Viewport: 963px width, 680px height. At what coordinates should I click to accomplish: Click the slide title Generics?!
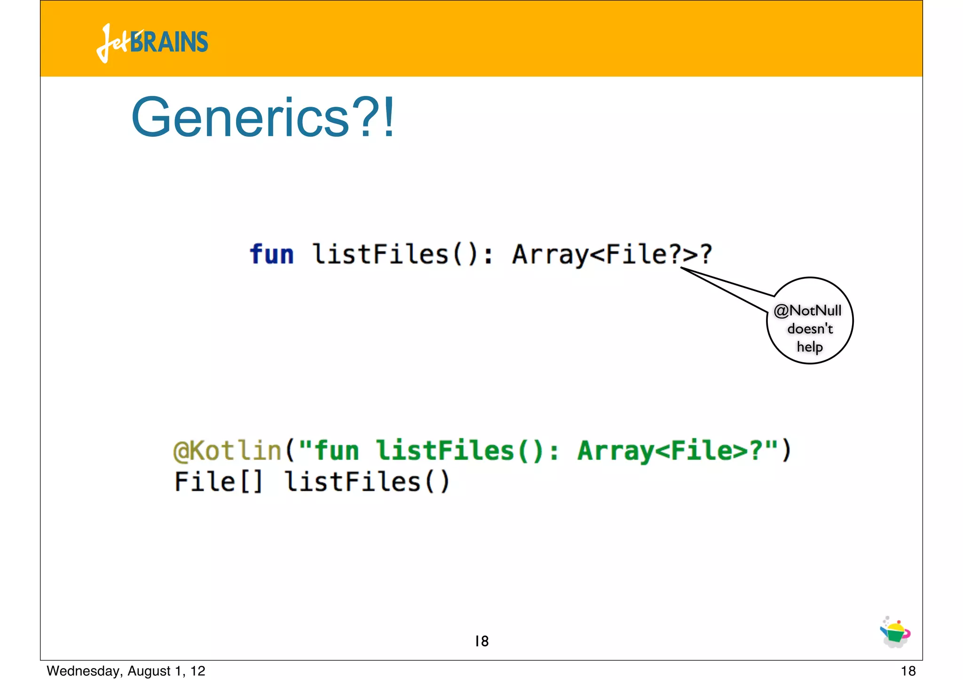[x=263, y=117]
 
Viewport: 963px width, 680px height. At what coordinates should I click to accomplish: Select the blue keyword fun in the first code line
[x=271, y=254]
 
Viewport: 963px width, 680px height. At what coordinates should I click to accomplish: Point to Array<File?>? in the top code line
[x=612, y=254]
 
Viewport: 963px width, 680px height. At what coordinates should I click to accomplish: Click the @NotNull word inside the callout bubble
[x=807, y=311]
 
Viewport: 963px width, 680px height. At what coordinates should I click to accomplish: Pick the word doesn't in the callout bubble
[x=810, y=328]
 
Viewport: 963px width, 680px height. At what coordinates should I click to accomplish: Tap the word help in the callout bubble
[x=809, y=347]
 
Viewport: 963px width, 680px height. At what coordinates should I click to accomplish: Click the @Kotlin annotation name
[x=227, y=450]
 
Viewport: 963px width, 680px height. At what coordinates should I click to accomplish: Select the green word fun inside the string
[x=337, y=450]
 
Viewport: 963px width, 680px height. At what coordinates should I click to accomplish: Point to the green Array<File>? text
[x=670, y=450]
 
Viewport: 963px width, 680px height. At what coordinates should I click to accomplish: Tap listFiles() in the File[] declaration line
[x=367, y=482]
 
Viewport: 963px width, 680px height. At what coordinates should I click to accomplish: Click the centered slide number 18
[x=481, y=641]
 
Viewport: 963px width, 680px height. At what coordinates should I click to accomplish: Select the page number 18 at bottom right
[x=908, y=671]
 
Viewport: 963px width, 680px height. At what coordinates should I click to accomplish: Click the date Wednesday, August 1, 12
[x=126, y=671]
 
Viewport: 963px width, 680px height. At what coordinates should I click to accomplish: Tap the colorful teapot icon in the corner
[x=895, y=633]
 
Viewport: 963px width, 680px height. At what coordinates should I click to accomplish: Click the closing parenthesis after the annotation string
[x=786, y=450]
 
